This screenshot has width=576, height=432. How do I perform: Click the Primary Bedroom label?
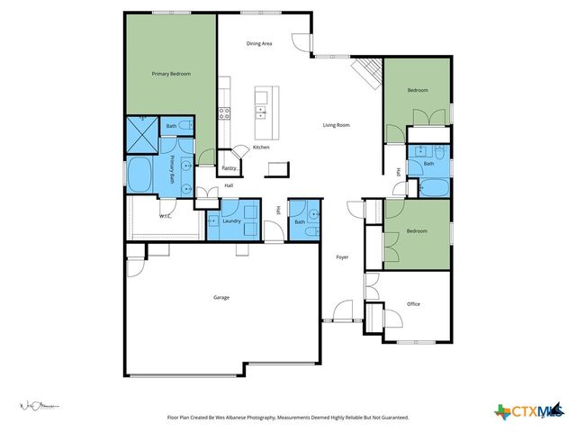click(170, 74)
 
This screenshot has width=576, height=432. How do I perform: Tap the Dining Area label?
click(259, 43)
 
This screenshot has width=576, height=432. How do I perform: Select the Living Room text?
click(336, 125)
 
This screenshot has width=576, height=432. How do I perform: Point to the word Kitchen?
click(261, 147)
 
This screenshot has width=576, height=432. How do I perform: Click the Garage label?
click(220, 297)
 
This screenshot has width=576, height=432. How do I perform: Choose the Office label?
click(413, 303)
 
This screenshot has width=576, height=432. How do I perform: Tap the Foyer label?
click(342, 257)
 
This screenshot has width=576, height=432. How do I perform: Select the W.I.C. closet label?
click(166, 216)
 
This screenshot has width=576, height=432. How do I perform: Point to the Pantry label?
click(229, 167)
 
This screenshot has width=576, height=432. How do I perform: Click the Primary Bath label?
click(174, 169)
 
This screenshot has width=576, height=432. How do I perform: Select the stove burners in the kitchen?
click(225, 112)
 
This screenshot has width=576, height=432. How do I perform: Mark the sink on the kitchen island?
click(261, 112)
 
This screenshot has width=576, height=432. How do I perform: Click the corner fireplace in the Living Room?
click(365, 72)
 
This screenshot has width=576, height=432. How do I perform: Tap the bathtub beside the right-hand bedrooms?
click(434, 188)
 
